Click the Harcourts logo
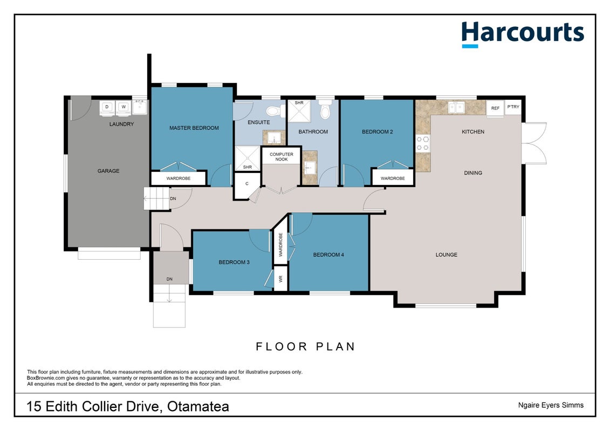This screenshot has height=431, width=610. point(523,34)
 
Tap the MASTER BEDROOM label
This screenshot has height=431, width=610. point(194,128)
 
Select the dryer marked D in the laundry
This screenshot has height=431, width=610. point(107,108)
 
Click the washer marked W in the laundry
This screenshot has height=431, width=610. point(124,108)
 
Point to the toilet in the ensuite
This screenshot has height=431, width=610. point(275,111)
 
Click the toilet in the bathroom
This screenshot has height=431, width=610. point(325,110)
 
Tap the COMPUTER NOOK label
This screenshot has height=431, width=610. point(282,157)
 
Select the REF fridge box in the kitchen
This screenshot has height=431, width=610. point(495,108)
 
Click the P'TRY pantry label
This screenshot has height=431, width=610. point(513,107)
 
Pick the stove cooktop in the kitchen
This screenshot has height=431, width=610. point(423,143)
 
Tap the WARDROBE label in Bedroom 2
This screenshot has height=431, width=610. point(393,178)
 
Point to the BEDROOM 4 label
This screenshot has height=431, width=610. point(328,255)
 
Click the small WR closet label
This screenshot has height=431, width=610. point(280,279)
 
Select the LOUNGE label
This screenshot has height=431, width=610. point(446,255)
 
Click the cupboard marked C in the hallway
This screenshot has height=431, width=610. point(246,184)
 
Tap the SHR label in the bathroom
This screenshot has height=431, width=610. point(299,103)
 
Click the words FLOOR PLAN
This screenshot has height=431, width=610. point(305,346)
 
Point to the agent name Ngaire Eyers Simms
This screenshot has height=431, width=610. point(551,405)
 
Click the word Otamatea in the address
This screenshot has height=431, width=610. point(198,407)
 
